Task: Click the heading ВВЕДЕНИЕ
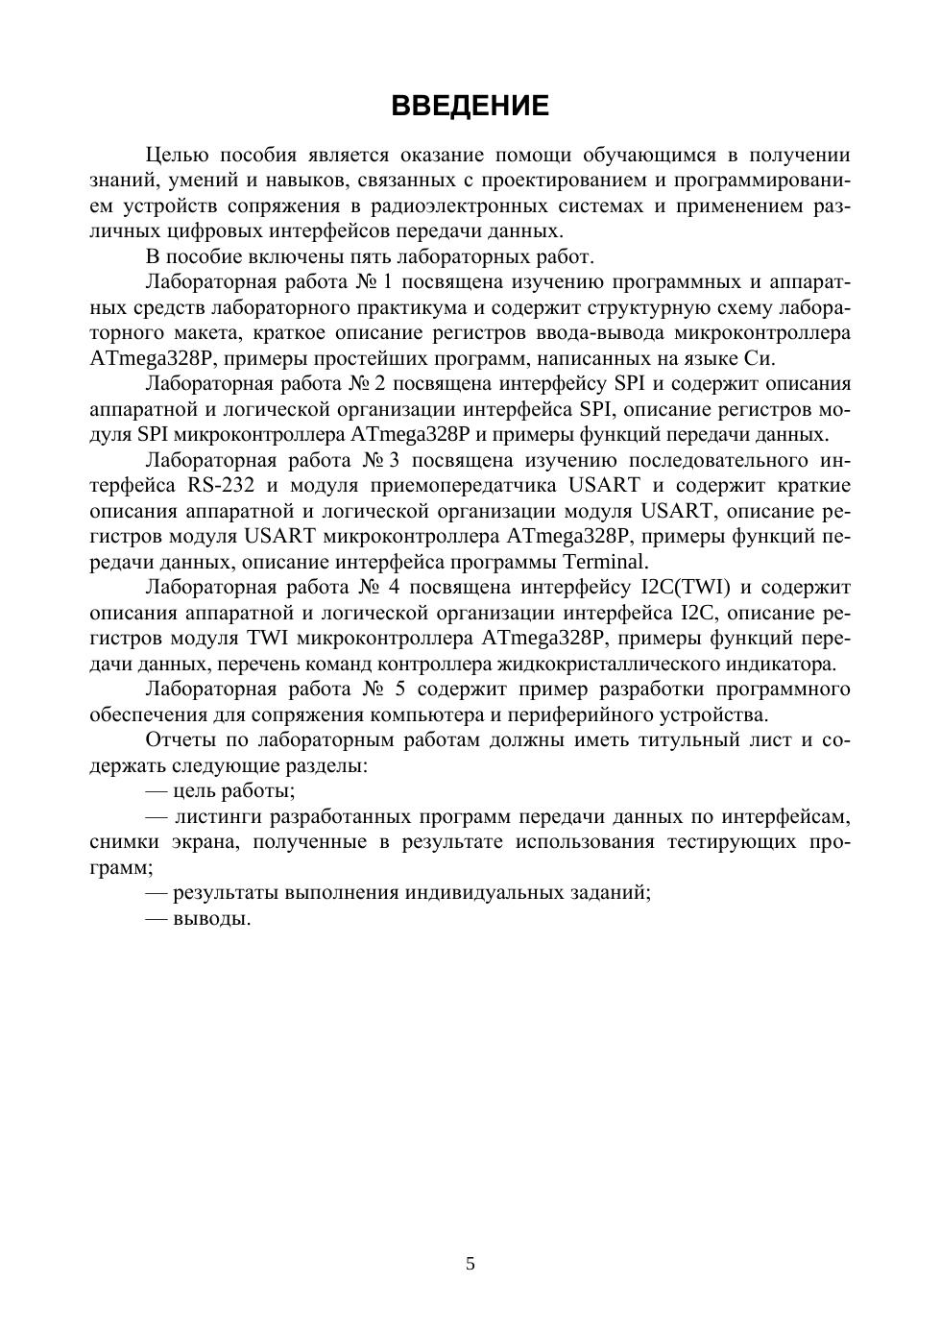[x=470, y=106]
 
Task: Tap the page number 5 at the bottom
[x=470, y=1264]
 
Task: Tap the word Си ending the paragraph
[x=758, y=358]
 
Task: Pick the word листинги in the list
[x=218, y=817]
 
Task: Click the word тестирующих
[x=740, y=842]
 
